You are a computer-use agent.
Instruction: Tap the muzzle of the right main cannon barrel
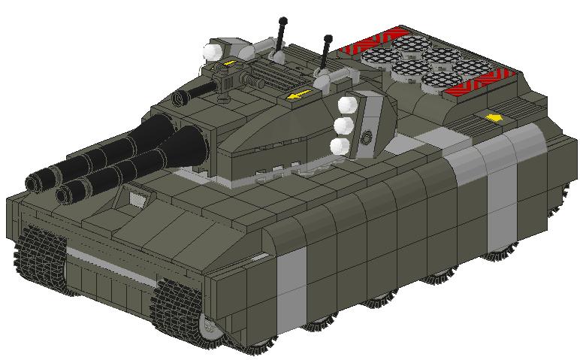coord(63,195)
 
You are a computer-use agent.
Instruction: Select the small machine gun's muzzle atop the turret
coord(180,98)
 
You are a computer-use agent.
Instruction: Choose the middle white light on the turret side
coord(343,125)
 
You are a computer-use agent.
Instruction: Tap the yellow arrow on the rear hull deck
coord(494,117)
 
